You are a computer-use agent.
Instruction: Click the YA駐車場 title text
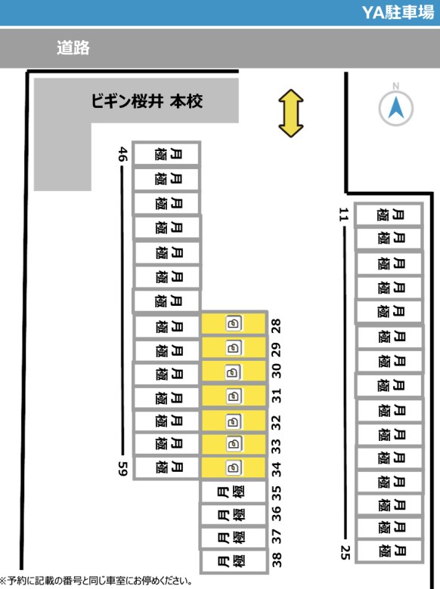coord(398,12)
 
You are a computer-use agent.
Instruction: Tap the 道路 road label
coord(73,48)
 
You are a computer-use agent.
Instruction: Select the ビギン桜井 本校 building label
coord(147,101)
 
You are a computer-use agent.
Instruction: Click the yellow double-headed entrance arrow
coord(291,113)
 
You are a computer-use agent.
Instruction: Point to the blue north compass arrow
coord(395,107)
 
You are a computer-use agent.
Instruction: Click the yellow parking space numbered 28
coord(234,323)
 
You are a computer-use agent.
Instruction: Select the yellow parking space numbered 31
coord(234,396)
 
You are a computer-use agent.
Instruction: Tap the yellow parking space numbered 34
coord(234,467)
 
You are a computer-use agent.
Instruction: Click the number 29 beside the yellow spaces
coord(276,350)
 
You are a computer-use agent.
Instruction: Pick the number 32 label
coord(276,423)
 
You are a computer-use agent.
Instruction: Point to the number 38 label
coord(277,560)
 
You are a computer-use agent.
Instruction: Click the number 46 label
coord(122,154)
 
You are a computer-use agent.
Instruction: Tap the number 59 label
coord(123,468)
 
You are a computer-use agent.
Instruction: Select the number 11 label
coord(343,214)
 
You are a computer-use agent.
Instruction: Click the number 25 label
coord(345,552)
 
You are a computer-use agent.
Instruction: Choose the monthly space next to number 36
coord(234,514)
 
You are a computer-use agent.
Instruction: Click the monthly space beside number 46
coord(166,153)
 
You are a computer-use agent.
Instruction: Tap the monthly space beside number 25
coord(389,551)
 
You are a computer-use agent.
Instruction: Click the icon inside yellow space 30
coord(233,372)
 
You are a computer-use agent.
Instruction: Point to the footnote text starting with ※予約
coord(96,581)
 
